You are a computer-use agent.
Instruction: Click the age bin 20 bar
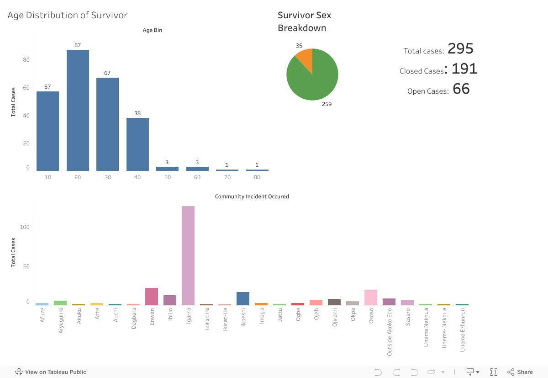pos(78,110)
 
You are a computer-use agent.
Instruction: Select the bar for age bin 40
pos(137,144)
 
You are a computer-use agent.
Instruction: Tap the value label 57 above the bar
pos(47,87)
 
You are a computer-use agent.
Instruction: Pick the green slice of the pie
pos(315,80)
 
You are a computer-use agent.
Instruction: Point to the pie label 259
pos(327,104)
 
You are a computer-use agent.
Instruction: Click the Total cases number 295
pos(460,48)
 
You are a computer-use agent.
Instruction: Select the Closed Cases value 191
pos(464,69)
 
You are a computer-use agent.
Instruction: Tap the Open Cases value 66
pos(461,89)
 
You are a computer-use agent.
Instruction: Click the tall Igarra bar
pos(188,256)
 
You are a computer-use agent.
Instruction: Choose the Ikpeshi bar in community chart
pos(243,298)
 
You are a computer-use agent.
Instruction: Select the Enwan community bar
pos(152,297)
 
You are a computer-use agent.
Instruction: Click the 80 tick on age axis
pos(257,177)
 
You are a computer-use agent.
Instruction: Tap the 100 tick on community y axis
pos(25,227)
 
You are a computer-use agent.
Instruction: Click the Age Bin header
pos(153,30)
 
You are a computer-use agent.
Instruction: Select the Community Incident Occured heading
pos(252,197)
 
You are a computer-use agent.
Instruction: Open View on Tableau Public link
pos(51,372)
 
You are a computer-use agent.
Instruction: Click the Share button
pos(520,372)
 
